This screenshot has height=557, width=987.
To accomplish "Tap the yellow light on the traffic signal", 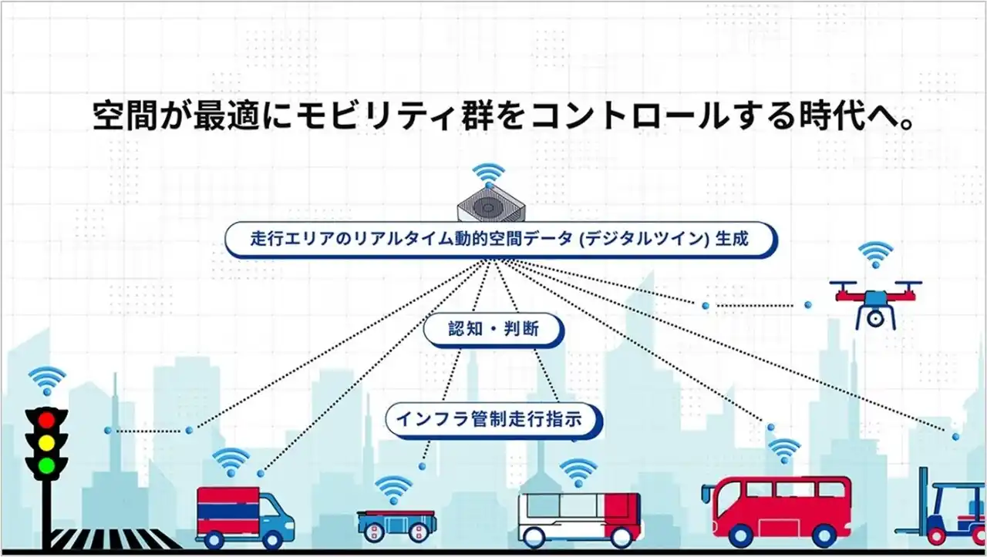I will [x=47, y=443].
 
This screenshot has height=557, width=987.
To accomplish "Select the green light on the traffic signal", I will [x=47, y=465].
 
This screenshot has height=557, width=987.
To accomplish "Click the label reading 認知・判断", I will [x=493, y=330].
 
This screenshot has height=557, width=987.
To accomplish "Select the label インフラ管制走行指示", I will [x=493, y=420].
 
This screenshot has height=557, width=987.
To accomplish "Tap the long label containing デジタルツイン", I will [x=500, y=239].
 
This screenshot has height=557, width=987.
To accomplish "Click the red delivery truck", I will [x=244, y=512].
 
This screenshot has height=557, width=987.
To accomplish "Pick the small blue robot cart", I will [x=393, y=522].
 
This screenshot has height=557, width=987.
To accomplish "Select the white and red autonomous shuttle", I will [x=579, y=516].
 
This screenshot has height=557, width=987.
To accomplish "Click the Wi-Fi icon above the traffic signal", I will [x=47, y=380].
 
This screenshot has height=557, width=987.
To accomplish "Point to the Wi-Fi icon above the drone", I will [x=875, y=254].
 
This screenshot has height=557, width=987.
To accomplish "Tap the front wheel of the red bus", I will [x=739, y=535].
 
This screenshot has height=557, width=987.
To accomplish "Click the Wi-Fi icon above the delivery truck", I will [x=231, y=461].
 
